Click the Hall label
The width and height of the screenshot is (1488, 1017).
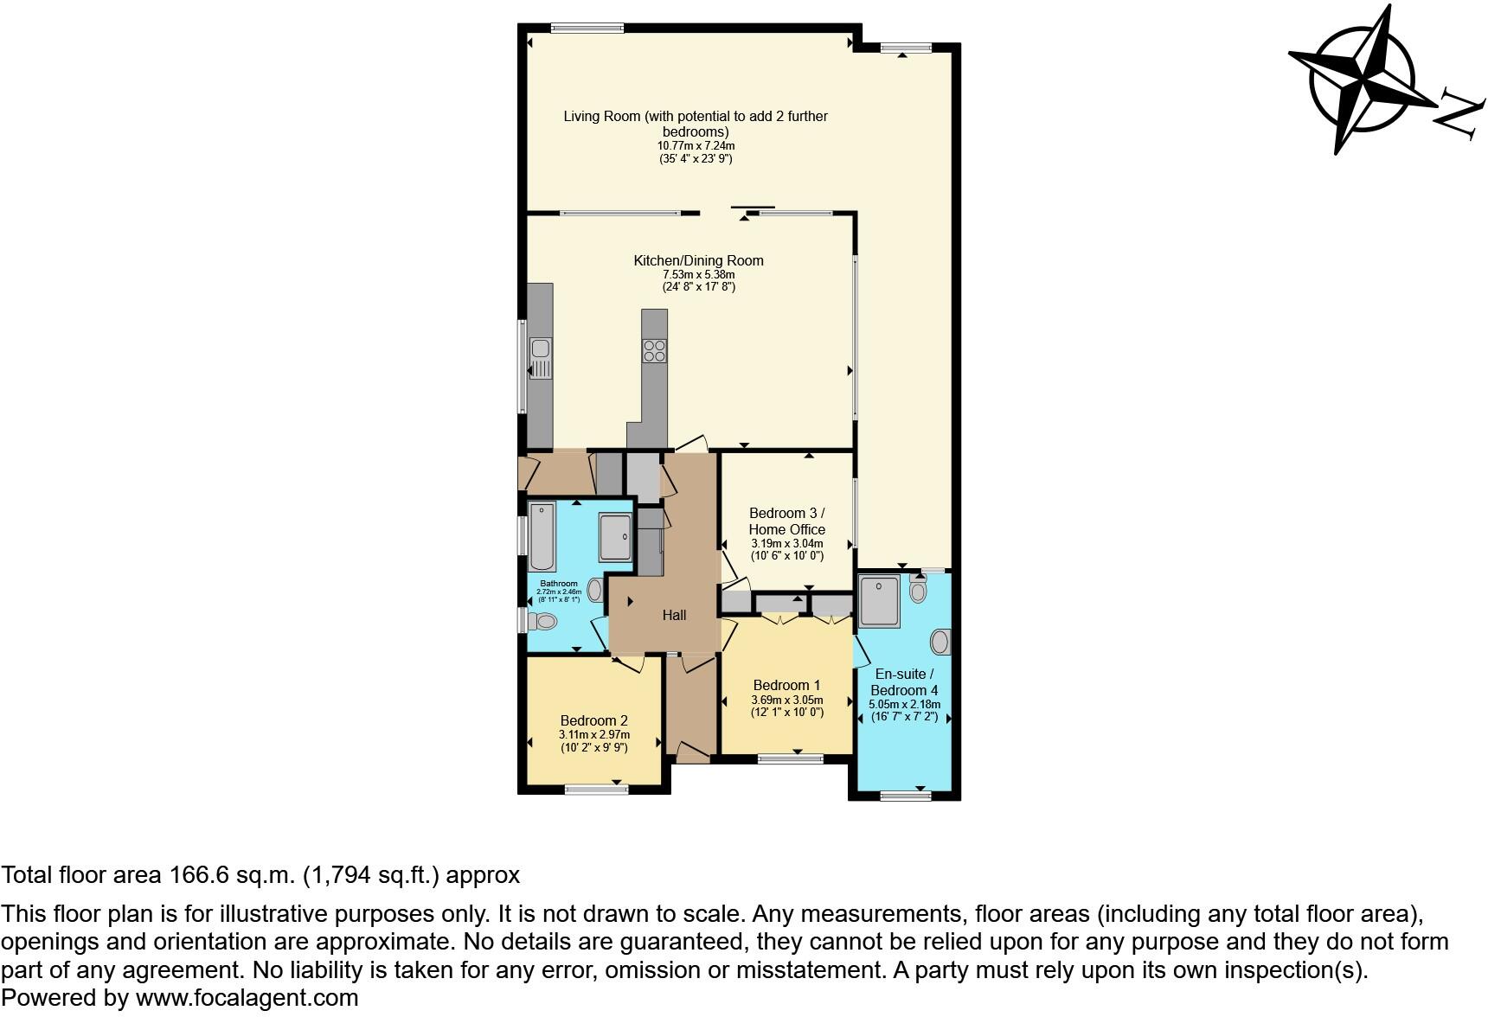674,615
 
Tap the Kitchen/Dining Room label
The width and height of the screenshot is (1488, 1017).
698,260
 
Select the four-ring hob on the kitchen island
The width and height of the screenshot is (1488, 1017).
655,350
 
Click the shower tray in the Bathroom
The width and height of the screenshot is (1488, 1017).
616,538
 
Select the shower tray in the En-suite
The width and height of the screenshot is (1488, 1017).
879,600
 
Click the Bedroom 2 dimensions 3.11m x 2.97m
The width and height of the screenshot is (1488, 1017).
593,734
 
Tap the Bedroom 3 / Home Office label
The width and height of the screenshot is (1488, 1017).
786,521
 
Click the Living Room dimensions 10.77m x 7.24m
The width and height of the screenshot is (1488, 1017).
696,146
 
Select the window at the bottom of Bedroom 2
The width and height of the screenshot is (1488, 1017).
596,788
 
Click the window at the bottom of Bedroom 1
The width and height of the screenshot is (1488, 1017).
791,758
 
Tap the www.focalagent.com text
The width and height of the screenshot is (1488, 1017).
247,998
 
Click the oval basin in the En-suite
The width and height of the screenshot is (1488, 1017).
940,642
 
